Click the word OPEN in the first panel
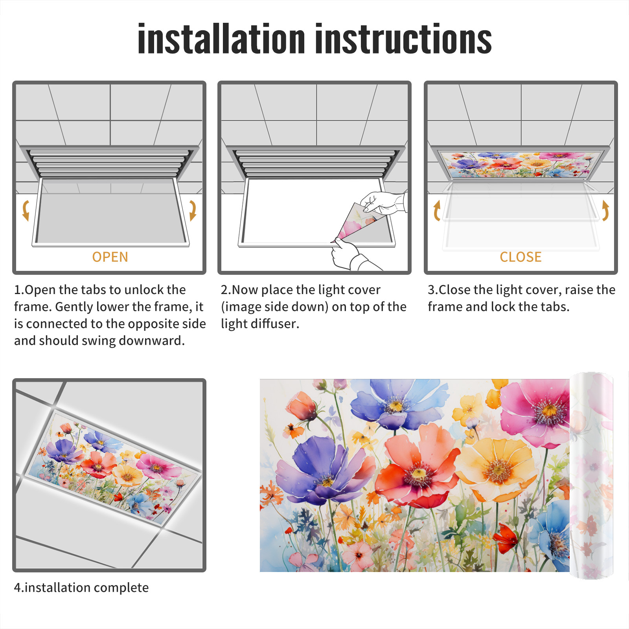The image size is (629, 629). point(110,257)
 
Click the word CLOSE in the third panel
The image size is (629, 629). point(520,257)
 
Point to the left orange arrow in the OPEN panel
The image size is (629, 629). point(26,210)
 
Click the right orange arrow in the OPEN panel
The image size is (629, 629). point(193,210)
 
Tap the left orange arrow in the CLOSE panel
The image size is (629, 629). point(437,210)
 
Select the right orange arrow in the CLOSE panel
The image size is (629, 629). point(605,210)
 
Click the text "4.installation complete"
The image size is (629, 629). point(81,588)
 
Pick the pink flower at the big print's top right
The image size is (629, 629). point(537,413)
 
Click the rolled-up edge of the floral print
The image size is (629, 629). point(591,476)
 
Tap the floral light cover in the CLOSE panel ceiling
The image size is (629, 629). point(520,165)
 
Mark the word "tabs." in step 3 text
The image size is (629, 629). point(554,307)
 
